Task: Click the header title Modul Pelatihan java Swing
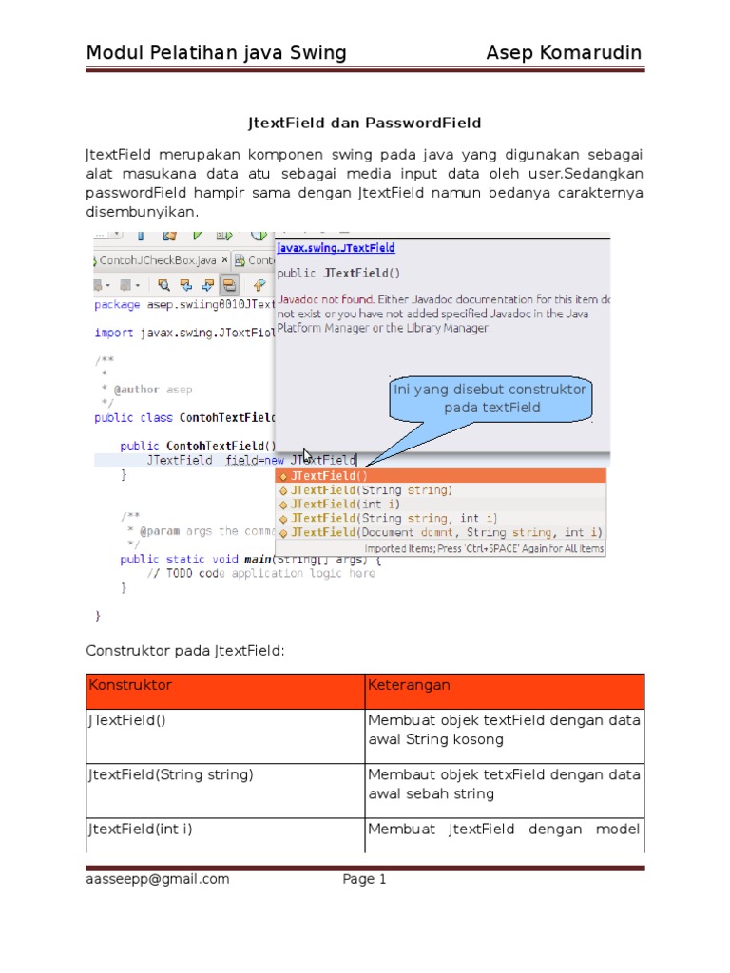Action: (216, 52)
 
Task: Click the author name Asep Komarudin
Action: (564, 52)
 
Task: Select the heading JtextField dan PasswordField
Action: (364, 123)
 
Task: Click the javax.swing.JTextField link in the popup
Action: (336, 248)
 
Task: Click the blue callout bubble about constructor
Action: (490, 399)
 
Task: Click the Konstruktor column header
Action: (131, 685)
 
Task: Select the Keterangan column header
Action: (409, 685)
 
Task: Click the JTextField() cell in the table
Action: (127, 720)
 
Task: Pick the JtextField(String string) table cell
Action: (171, 774)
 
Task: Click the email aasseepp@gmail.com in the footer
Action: (158, 879)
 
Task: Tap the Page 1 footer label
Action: (364, 879)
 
